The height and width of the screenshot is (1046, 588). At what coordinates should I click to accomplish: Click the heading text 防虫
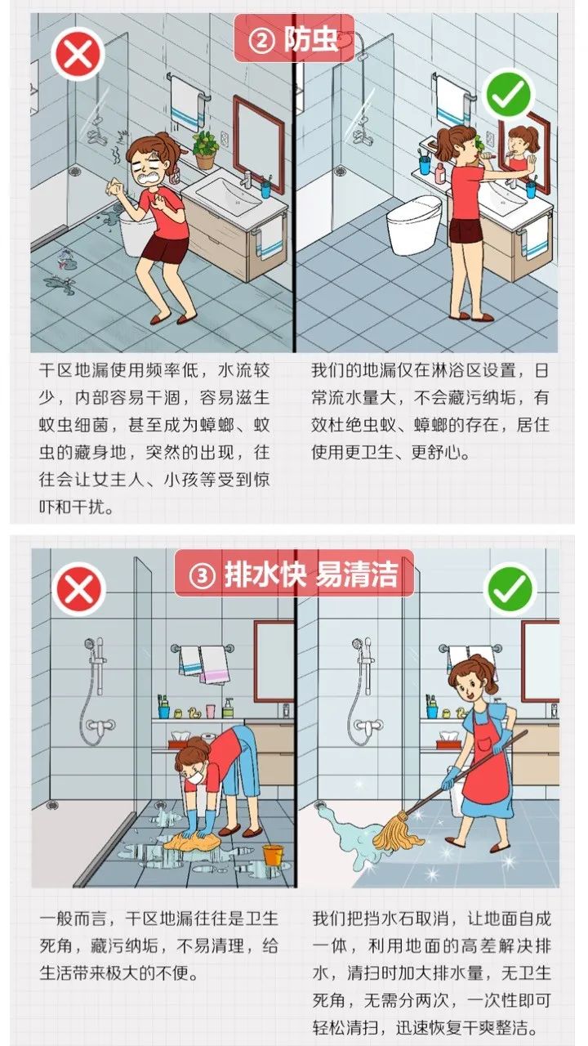pyautogui.click(x=311, y=39)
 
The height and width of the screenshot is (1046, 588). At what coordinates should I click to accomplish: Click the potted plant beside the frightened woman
pyautogui.click(x=204, y=147)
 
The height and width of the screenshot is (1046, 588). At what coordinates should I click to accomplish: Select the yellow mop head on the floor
pyautogui.click(x=399, y=834)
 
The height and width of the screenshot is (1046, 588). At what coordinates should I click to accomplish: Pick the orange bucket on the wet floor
pyautogui.click(x=272, y=856)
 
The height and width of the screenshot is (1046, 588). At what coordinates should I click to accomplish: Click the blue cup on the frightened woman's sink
pyautogui.click(x=265, y=189)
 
